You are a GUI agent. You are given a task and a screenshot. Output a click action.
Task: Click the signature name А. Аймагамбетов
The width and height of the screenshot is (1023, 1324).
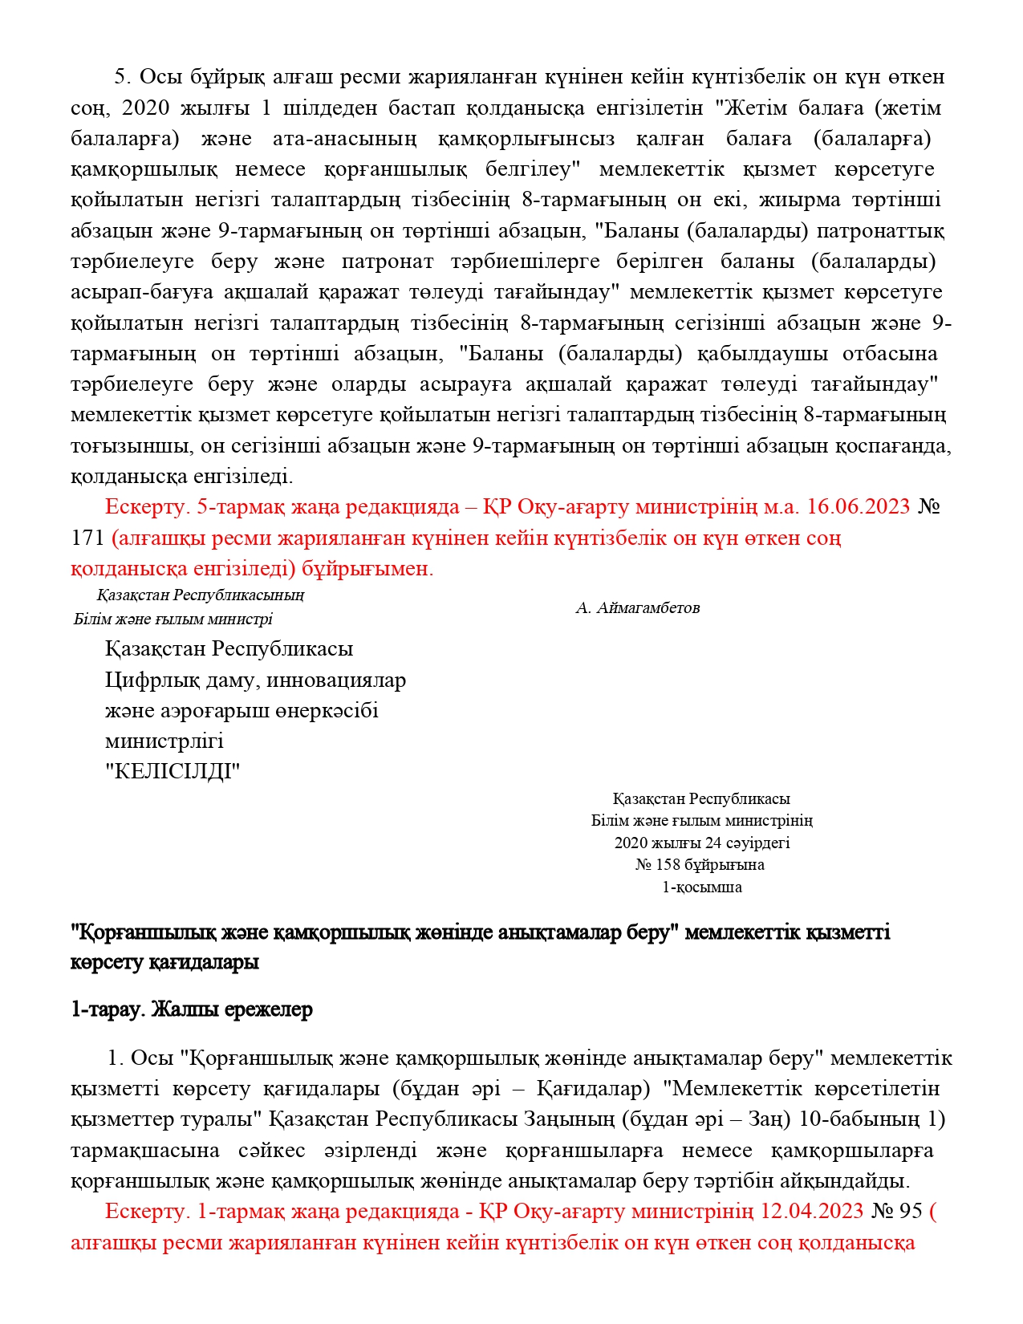[638, 608]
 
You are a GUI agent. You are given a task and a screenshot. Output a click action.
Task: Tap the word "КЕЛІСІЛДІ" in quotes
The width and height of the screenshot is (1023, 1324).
[173, 772]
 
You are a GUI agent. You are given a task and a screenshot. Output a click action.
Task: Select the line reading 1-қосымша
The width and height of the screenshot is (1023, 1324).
[701, 887]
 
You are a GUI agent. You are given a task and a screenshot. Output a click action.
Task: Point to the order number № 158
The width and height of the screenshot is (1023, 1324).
[658, 865]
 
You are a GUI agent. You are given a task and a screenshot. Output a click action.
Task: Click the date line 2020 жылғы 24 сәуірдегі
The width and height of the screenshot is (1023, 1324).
[702, 843]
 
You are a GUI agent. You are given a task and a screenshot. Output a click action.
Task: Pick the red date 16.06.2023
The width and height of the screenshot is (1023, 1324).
[859, 507]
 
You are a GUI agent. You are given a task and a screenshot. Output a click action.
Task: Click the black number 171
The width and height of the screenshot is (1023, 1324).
[87, 538]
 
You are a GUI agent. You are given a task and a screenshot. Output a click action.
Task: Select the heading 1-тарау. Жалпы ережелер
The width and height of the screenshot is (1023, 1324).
[192, 1009]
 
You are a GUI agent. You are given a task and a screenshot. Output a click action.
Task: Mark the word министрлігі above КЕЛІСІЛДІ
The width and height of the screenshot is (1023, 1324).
[164, 741]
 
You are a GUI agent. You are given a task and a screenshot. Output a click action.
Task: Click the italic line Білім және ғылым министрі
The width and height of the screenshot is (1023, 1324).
[173, 619]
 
